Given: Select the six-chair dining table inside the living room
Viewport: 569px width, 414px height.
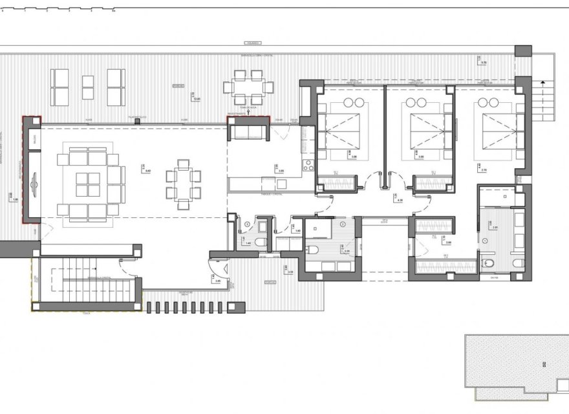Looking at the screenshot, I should (x=183, y=184).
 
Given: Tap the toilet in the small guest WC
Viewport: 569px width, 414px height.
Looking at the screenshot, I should (x=260, y=242).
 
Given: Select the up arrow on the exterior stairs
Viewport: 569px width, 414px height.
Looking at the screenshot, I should (x=544, y=83).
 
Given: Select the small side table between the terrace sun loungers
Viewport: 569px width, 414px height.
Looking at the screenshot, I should (x=87, y=87).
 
